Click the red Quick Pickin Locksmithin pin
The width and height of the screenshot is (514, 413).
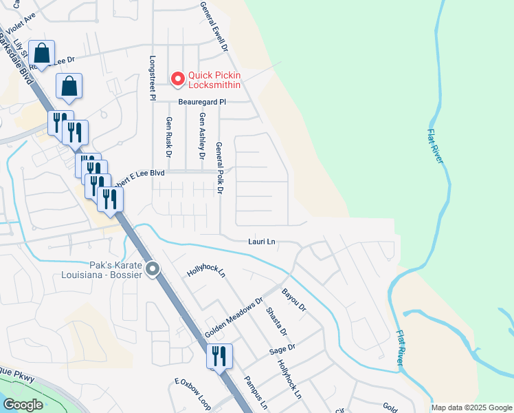click(178, 79)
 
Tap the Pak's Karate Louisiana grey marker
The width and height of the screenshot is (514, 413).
click(152, 269)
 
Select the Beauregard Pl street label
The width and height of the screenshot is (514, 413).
click(192, 101)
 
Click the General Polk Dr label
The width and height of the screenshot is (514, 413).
click(220, 167)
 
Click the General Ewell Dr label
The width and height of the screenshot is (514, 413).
click(213, 27)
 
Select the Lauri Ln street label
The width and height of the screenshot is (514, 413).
click(262, 242)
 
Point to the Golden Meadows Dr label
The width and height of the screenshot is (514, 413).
click(234, 319)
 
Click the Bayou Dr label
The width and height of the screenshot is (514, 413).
click(293, 300)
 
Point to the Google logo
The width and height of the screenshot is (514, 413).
click(23, 405)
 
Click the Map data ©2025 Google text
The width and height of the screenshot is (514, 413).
click(471, 407)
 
